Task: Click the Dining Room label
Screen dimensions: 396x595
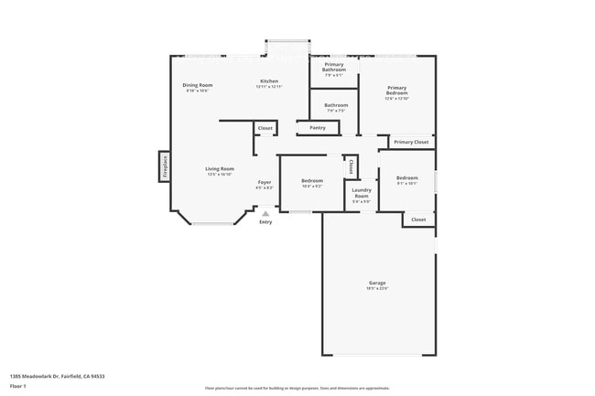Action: [199, 85]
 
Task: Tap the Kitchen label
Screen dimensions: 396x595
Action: [269, 81]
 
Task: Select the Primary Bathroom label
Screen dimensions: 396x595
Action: [334, 67]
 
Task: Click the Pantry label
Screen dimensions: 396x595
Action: [318, 128]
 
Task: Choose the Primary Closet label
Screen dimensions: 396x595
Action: [411, 142]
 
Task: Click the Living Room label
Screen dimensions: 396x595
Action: [220, 168]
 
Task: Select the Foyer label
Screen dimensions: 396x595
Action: [264, 182]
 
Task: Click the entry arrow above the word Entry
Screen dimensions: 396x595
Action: [265, 214]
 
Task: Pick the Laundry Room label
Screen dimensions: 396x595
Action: [362, 194]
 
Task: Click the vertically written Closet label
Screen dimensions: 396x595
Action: [351, 166]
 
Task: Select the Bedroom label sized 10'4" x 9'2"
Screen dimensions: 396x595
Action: [312, 181]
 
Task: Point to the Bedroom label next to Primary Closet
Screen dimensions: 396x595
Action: [406, 177]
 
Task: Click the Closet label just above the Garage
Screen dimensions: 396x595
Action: [418, 219]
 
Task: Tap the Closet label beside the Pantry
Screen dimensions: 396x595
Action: [265, 128]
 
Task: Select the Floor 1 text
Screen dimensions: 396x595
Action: [18, 387]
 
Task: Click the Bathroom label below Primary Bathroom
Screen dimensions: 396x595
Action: [336, 105]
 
